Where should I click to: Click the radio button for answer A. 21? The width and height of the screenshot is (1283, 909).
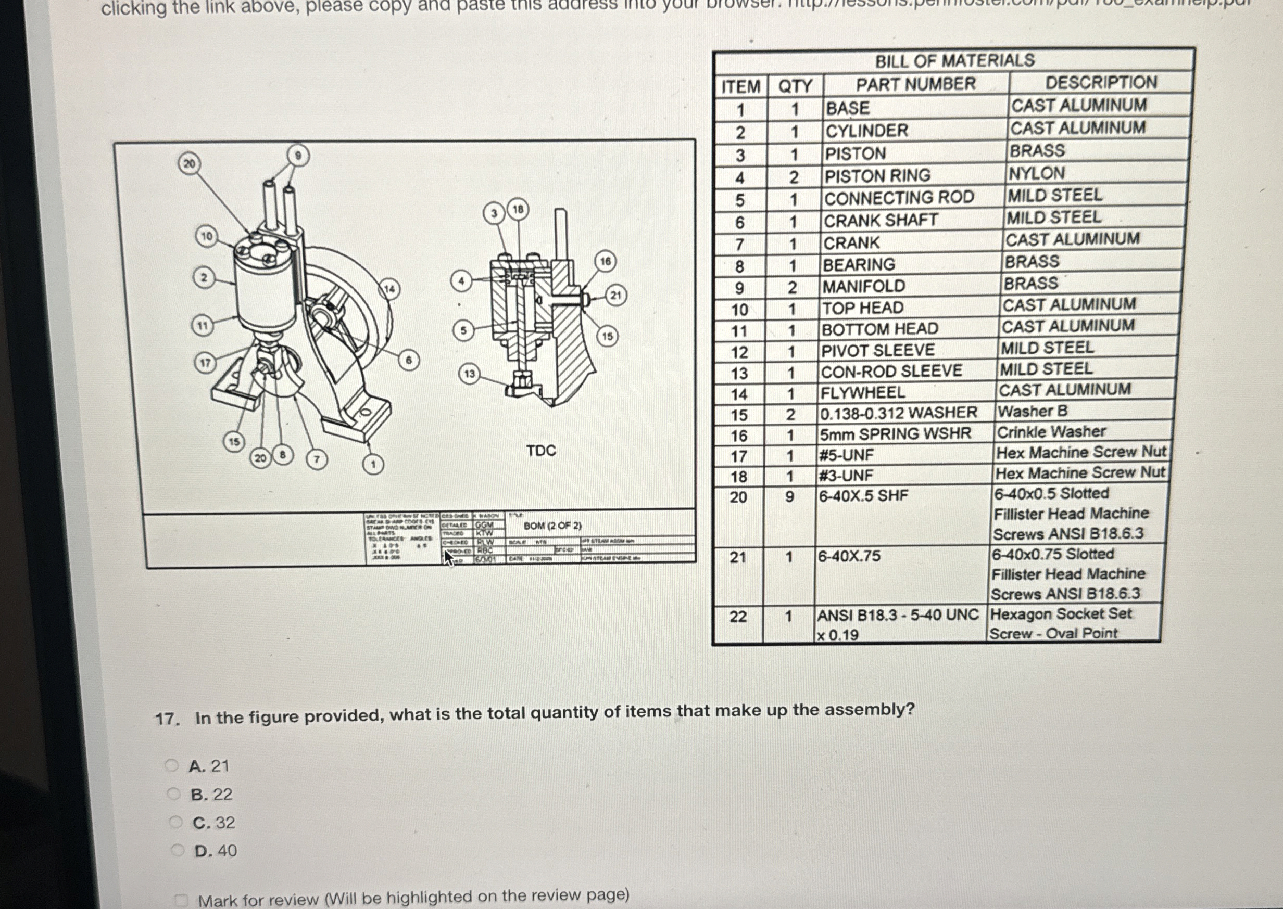pyautogui.click(x=172, y=765)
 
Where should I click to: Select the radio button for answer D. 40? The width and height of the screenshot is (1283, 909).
pyautogui.click(x=178, y=851)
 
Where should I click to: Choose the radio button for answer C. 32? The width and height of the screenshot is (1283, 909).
pyautogui.click(x=176, y=822)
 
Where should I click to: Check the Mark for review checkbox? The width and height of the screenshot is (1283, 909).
pyautogui.click(x=180, y=900)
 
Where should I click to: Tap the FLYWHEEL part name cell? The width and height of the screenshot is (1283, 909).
pyautogui.click(x=862, y=393)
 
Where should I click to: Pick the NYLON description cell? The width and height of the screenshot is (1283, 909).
pyautogui.click(x=1037, y=173)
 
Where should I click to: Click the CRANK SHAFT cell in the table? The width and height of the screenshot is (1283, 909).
pyautogui.click(x=881, y=221)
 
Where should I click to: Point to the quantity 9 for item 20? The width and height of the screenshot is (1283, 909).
pyautogui.click(x=789, y=496)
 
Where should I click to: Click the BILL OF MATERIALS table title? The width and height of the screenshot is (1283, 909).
pyautogui.click(x=954, y=60)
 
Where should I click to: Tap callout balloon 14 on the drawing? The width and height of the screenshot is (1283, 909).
pyautogui.click(x=389, y=289)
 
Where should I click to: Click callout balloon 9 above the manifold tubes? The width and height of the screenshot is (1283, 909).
pyautogui.click(x=298, y=156)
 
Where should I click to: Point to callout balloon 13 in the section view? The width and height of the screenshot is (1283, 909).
pyautogui.click(x=469, y=374)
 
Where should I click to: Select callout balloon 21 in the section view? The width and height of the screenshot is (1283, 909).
pyautogui.click(x=615, y=295)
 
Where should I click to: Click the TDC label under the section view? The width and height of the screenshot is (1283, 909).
pyautogui.click(x=541, y=451)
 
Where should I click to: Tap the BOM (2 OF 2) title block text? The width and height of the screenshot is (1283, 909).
pyautogui.click(x=552, y=526)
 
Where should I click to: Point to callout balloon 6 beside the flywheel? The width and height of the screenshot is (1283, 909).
pyautogui.click(x=409, y=360)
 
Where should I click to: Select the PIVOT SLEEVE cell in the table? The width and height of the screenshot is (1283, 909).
pyautogui.click(x=877, y=350)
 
